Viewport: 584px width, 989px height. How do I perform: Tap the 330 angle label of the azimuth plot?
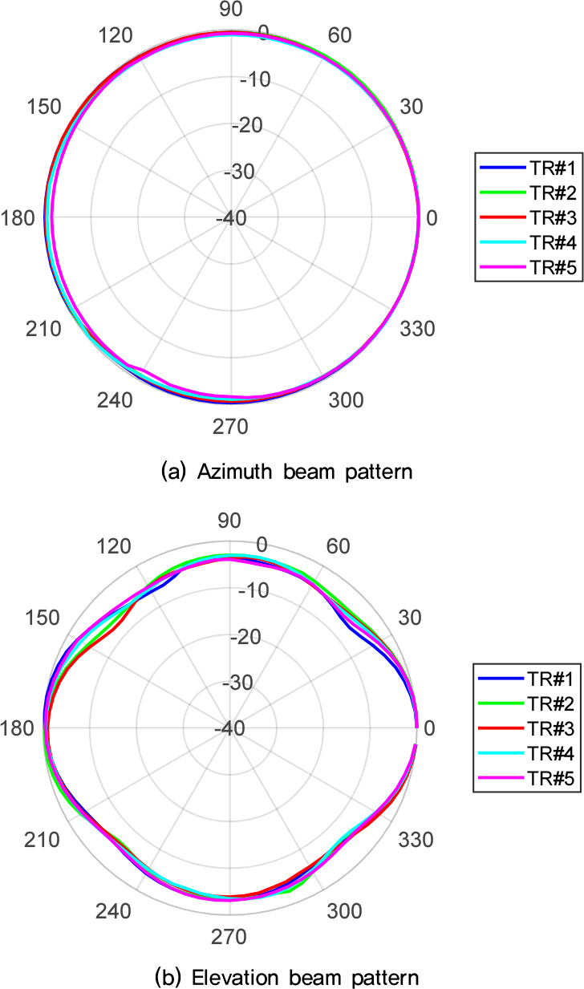click(417, 329)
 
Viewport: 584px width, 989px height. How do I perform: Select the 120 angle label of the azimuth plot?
click(114, 37)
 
